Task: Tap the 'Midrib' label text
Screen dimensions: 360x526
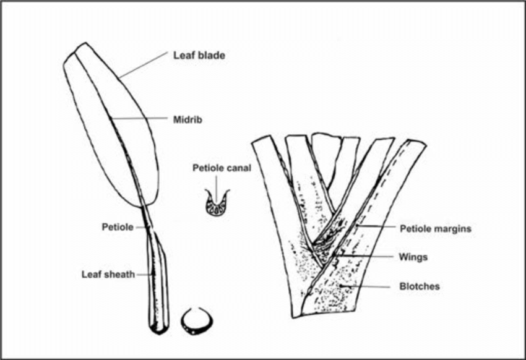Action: pos(187,118)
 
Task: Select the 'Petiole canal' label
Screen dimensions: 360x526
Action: pos(222,168)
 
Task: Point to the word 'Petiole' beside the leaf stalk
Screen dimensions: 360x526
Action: pos(118,227)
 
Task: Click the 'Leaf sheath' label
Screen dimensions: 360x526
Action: pos(108,273)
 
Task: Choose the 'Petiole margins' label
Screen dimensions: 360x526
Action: pos(436,229)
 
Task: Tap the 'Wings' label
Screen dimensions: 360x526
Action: pos(413,257)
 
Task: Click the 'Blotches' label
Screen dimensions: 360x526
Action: pos(420,286)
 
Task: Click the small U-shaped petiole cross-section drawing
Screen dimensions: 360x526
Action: pos(217,204)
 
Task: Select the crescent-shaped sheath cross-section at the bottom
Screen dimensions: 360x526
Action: pos(196,322)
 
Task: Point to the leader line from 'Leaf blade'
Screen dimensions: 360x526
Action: pos(145,66)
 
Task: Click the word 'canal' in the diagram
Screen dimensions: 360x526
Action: pos(239,168)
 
